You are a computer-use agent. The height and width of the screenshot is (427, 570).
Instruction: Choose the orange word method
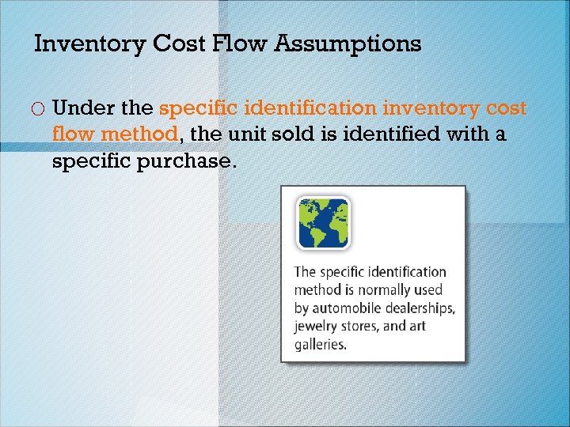[x=139, y=135]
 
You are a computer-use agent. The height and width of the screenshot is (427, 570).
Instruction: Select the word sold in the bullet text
[x=294, y=135]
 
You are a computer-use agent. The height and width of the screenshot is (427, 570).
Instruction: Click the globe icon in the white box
[x=323, y=223]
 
